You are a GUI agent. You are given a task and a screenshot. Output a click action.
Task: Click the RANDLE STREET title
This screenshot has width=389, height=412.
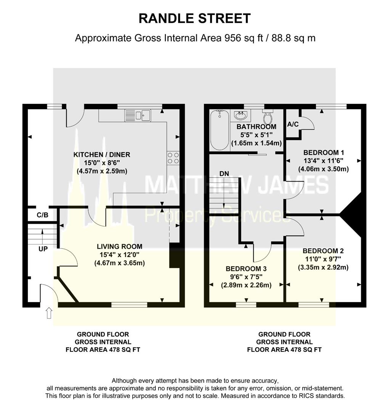[194, 18]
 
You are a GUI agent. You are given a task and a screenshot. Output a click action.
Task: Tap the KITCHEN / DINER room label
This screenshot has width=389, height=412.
[102, 154]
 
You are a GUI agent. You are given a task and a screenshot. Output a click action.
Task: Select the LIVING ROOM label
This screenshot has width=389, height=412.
[119, 246]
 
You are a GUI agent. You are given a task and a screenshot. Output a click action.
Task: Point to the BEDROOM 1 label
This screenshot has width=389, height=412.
[323, 151]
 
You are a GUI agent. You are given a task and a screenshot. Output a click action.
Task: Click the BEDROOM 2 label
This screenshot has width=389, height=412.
[323, 251]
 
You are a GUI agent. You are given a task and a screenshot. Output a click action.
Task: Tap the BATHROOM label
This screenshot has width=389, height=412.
[256, 127]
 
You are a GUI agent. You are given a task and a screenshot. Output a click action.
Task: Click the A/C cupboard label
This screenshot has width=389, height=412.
[293, 124]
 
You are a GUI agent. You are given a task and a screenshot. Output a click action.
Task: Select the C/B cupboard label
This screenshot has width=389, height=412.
[42, 215]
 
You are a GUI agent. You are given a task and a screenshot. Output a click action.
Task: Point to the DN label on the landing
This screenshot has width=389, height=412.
[225, 174]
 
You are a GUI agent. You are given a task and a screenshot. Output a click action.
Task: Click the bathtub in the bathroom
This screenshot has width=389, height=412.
[219, 130]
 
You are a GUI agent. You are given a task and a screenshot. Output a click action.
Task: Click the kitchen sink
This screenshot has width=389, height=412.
[138, 115]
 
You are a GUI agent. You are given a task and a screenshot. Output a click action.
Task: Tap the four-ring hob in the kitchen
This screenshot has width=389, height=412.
[173, 158]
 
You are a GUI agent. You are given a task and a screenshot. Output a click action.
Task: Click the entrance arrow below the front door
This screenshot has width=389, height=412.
[49, 313]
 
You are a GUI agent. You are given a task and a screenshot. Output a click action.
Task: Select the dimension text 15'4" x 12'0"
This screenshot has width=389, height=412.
[119, 255]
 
